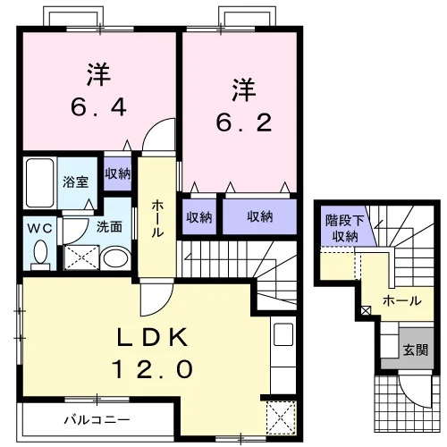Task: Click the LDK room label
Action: tap(153, 336)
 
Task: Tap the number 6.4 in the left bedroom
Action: tap(99, 107)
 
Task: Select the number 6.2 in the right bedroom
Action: tap(244, 122)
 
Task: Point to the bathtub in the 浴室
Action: tap(40, 183)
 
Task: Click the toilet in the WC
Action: tap(40, 256)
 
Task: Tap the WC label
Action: tap(40, 229)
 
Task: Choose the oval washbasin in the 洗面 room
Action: tap(115, 258)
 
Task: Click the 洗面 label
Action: tap(109, 227)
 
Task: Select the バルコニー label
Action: tap(97, 420)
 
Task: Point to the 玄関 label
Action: tap(416, 350)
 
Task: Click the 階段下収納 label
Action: tap(345, 228)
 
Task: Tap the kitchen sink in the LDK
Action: tap(283, 334)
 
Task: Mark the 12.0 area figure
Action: tap(153, 369)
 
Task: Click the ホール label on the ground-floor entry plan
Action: tap(402, 301)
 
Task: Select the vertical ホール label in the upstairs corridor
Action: tap(157, 219)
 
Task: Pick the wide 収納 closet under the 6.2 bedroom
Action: tap(260, 216)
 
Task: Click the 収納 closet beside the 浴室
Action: tap(118, 173)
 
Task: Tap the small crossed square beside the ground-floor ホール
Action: tap(366, 310)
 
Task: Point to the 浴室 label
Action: tap(76, 181)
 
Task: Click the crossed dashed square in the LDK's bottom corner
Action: tap(281, 418)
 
